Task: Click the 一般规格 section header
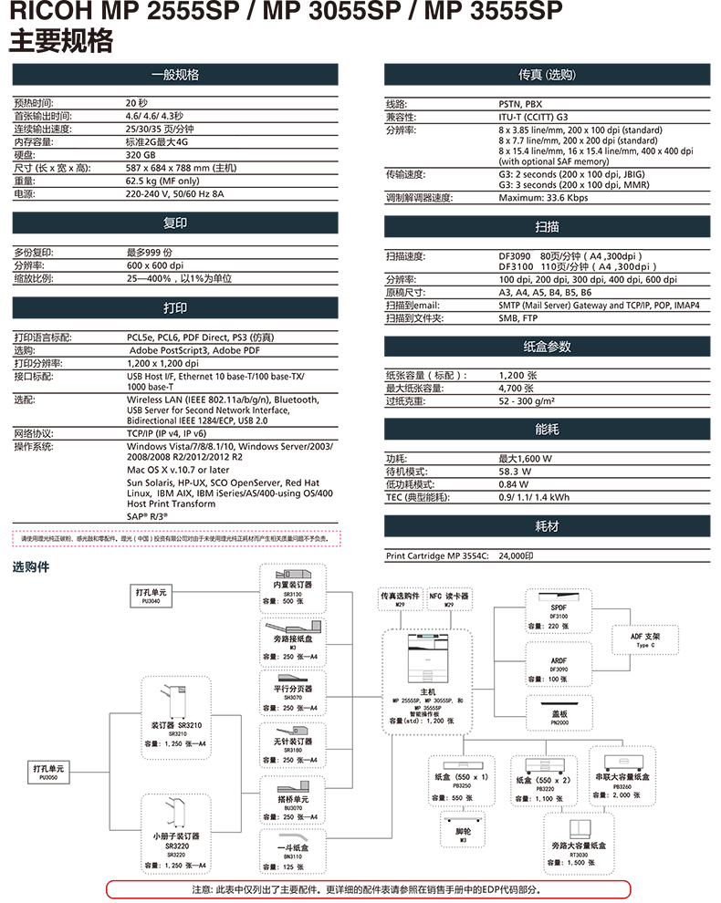pyautogui.click(x=174, y=75)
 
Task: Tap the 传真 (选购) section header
pyautogui.click(x=547, y=75)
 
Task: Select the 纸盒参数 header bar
pyautogui.click(x=547, y=347)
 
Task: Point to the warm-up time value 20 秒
pyautogui.click(x=137, y=103)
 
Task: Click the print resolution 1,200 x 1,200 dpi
pyautogui.click(x=163, y=363)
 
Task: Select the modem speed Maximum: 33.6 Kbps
pyautogui.click(x=543, y=198)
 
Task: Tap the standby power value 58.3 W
pyautogui.click(x=515, y=472)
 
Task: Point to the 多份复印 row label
pyautogui.click(x=35, y=252)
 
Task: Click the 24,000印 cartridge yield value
pyautogui.click(x=517, y=555)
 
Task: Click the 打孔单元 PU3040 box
pyautogui.click(x=153, y=597)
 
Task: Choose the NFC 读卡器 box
pyautogui.click(x=449, y=598)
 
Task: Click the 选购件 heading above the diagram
pyautogui.click(x=31, y=567)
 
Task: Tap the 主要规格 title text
pyautogui.click(x=61, y=41)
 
